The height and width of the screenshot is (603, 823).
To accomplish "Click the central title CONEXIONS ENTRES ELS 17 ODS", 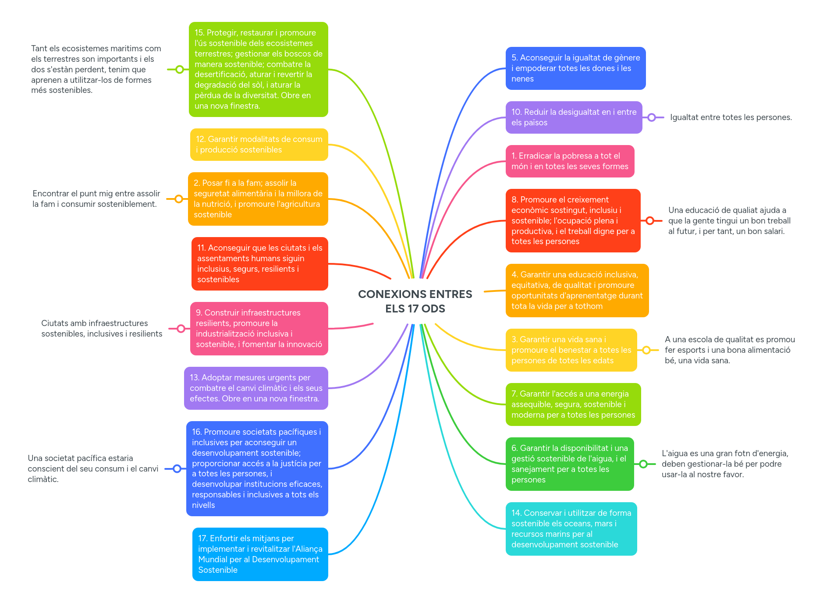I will (415, 301).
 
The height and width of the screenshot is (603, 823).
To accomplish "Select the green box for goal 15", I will (258, 69).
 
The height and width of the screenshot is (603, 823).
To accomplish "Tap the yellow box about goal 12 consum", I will (259, 145).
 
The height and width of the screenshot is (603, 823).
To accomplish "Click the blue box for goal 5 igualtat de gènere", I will (575, 68).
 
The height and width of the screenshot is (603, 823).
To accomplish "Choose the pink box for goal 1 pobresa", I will (570, 161).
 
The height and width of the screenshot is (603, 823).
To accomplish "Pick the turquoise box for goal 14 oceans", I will (571, 529).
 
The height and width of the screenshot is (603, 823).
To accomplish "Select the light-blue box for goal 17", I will (260, 554).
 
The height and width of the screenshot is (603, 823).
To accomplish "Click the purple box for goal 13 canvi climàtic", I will (256, 388).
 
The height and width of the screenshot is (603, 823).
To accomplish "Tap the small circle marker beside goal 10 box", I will (652, 117).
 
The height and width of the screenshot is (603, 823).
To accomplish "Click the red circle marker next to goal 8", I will (650, 220).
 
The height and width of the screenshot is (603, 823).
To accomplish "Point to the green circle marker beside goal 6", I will (643, 464).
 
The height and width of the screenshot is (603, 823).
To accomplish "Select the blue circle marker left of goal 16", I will (177, 468).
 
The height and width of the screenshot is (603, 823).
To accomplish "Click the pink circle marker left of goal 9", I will (181, 329).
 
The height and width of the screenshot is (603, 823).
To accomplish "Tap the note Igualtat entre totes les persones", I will (731, 117).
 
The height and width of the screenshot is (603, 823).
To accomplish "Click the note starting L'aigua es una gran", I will (725, 464).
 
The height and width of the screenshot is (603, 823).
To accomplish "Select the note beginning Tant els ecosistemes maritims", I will (96, 69).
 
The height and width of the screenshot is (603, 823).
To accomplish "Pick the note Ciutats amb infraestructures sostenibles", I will (101, 329).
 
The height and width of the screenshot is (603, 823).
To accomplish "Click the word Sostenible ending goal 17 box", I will (218, 570).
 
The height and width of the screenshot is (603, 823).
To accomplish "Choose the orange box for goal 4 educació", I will (577, 290).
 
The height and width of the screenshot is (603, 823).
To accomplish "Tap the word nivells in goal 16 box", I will (203, 505).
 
